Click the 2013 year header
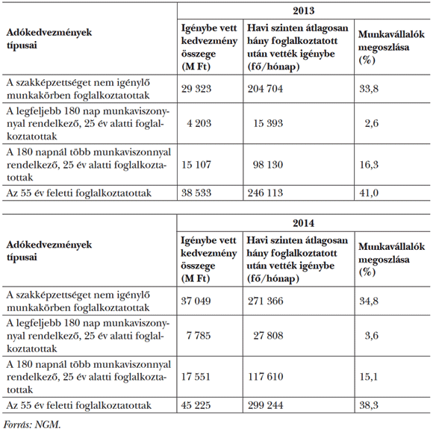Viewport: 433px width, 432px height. click(303, 11)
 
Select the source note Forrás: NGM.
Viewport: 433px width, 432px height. click(31, 424)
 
